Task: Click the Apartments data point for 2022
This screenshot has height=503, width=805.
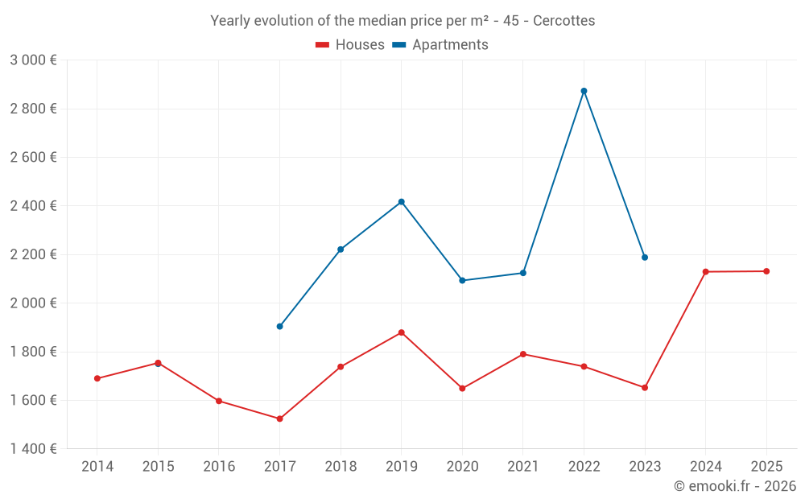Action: [x=584, y=91]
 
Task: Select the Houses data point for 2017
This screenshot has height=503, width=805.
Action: [x=279, y=418]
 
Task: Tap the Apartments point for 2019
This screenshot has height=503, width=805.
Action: [x=401, y=202]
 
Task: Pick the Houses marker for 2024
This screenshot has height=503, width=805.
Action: [x=705, y=272]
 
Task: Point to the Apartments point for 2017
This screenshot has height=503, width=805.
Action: [x=279, y=326]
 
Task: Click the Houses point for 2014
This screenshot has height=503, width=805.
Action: [x=97, y=378]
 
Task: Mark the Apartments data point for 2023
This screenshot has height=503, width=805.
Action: [x=645, y=258]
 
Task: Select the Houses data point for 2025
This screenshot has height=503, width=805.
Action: [x=766, y=271]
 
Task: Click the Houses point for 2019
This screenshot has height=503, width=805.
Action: [x=401, y=332]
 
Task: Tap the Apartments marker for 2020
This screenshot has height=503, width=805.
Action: [x=462, y=280]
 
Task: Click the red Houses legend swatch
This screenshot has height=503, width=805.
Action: [x=322, y=45]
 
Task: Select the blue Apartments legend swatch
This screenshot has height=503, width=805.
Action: [x=398, y=45]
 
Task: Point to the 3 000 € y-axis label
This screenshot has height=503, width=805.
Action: [x=33, y=60]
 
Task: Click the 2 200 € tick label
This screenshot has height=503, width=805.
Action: [x=33, y=254]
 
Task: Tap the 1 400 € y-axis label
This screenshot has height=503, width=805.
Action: [x=33, y=449]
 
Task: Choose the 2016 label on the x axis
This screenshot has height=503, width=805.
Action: [x=219, y=467]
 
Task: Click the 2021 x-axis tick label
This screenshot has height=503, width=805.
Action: [x=523, y=467]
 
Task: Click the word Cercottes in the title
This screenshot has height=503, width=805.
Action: [x=563, y=21]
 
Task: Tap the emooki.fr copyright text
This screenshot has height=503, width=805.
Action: [x=734, y=486]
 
